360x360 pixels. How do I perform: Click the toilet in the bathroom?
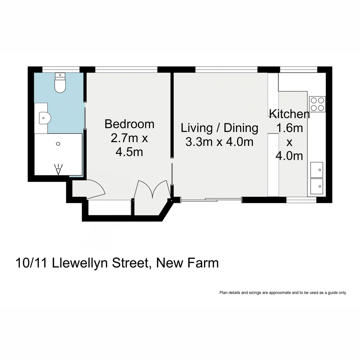point(60,84)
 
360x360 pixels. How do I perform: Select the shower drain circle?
point(58,144)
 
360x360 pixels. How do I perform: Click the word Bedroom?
point(129,124)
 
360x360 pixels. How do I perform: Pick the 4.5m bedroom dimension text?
point(129,152)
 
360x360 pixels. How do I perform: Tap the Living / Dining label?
point(219,128)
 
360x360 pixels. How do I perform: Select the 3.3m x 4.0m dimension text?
point(219,142)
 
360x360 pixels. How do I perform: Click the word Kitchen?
point(289,114)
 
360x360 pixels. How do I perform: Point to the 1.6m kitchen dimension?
point(289,128)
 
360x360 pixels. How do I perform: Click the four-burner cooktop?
point(317,104)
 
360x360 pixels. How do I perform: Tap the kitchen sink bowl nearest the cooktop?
point(317,170)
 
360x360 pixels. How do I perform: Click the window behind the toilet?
point(61,69)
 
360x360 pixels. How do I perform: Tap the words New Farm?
point(188,263)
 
